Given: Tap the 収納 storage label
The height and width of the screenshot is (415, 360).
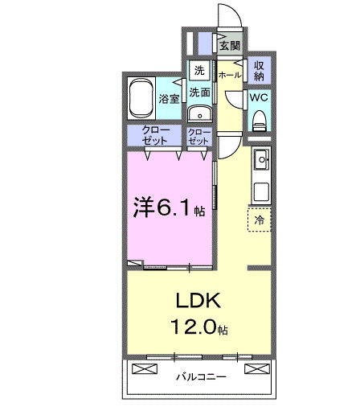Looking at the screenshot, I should click(260, 71).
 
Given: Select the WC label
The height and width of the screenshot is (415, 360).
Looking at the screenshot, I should click(259, 97).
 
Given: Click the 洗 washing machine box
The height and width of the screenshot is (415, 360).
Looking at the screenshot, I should click(198, 70).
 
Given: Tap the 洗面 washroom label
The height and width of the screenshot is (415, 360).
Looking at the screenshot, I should click(199, 92).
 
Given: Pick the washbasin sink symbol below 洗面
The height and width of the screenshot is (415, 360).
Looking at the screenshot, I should click(199, 113).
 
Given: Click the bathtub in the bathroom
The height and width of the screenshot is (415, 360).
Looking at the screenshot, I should click(141, 97).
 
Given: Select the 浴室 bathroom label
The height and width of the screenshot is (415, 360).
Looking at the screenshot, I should click(168, 99).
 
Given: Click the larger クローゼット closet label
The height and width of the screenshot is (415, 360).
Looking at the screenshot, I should click(154, 135).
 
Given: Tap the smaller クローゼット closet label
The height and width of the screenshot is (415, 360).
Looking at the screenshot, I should click(198, 135).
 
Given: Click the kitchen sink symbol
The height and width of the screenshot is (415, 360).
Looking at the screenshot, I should click(261, 162).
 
